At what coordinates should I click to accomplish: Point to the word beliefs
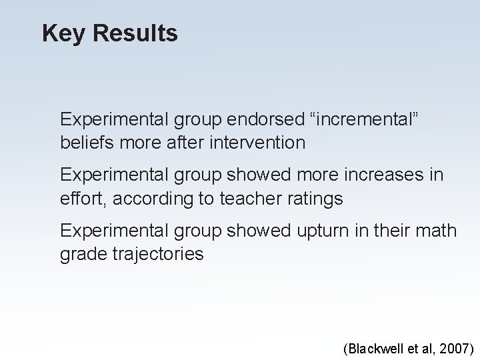click(85, 142)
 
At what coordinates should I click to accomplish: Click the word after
click(183, 142)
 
